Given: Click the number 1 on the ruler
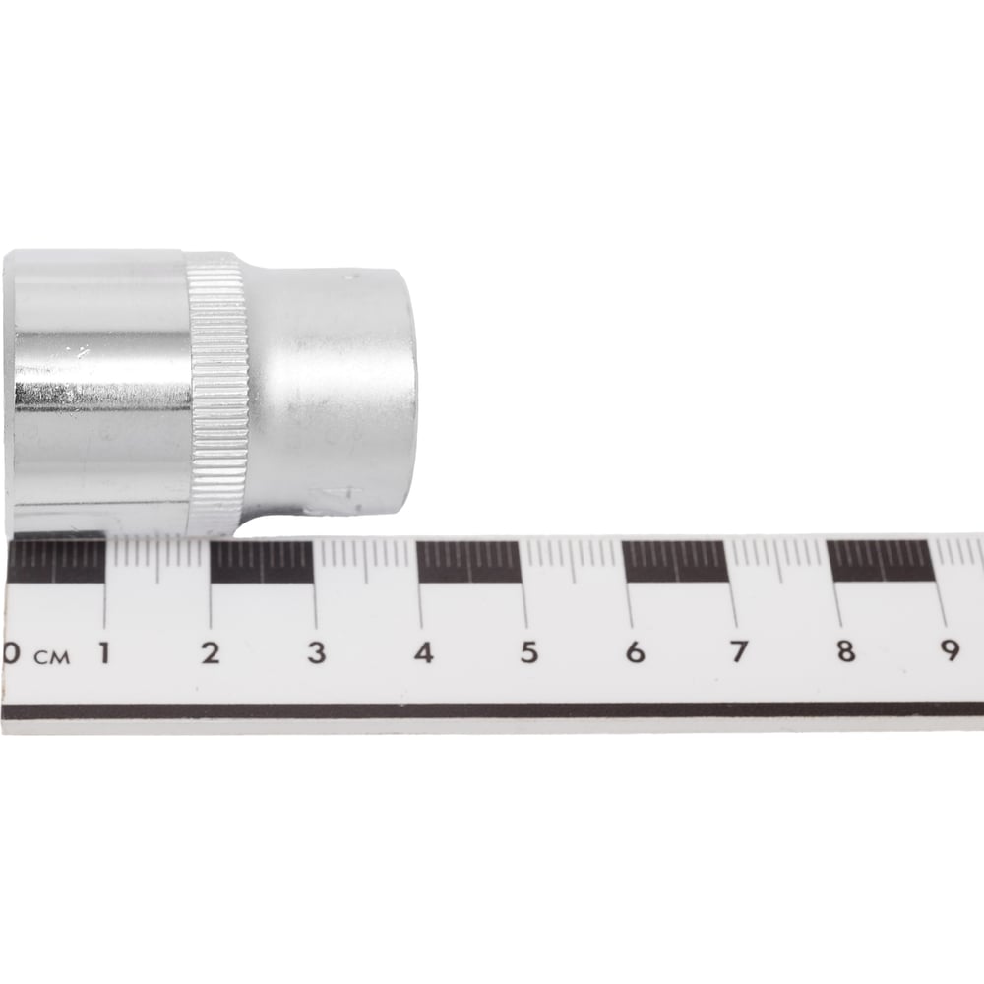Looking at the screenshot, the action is pos(105,653).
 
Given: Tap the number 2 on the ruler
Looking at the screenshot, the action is pos(211,653).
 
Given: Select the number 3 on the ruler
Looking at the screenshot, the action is pos(317,653).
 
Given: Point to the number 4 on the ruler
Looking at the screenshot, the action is pos(423,652).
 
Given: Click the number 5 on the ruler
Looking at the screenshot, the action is pos(529,652).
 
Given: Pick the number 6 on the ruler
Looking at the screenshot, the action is pos(635,652).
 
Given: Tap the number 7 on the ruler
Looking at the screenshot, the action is pos(739,652).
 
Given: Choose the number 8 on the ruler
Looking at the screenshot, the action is pos(846,650).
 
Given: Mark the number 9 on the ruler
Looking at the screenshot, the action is pos(951,650).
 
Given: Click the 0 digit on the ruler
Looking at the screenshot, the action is pos(11,653).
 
